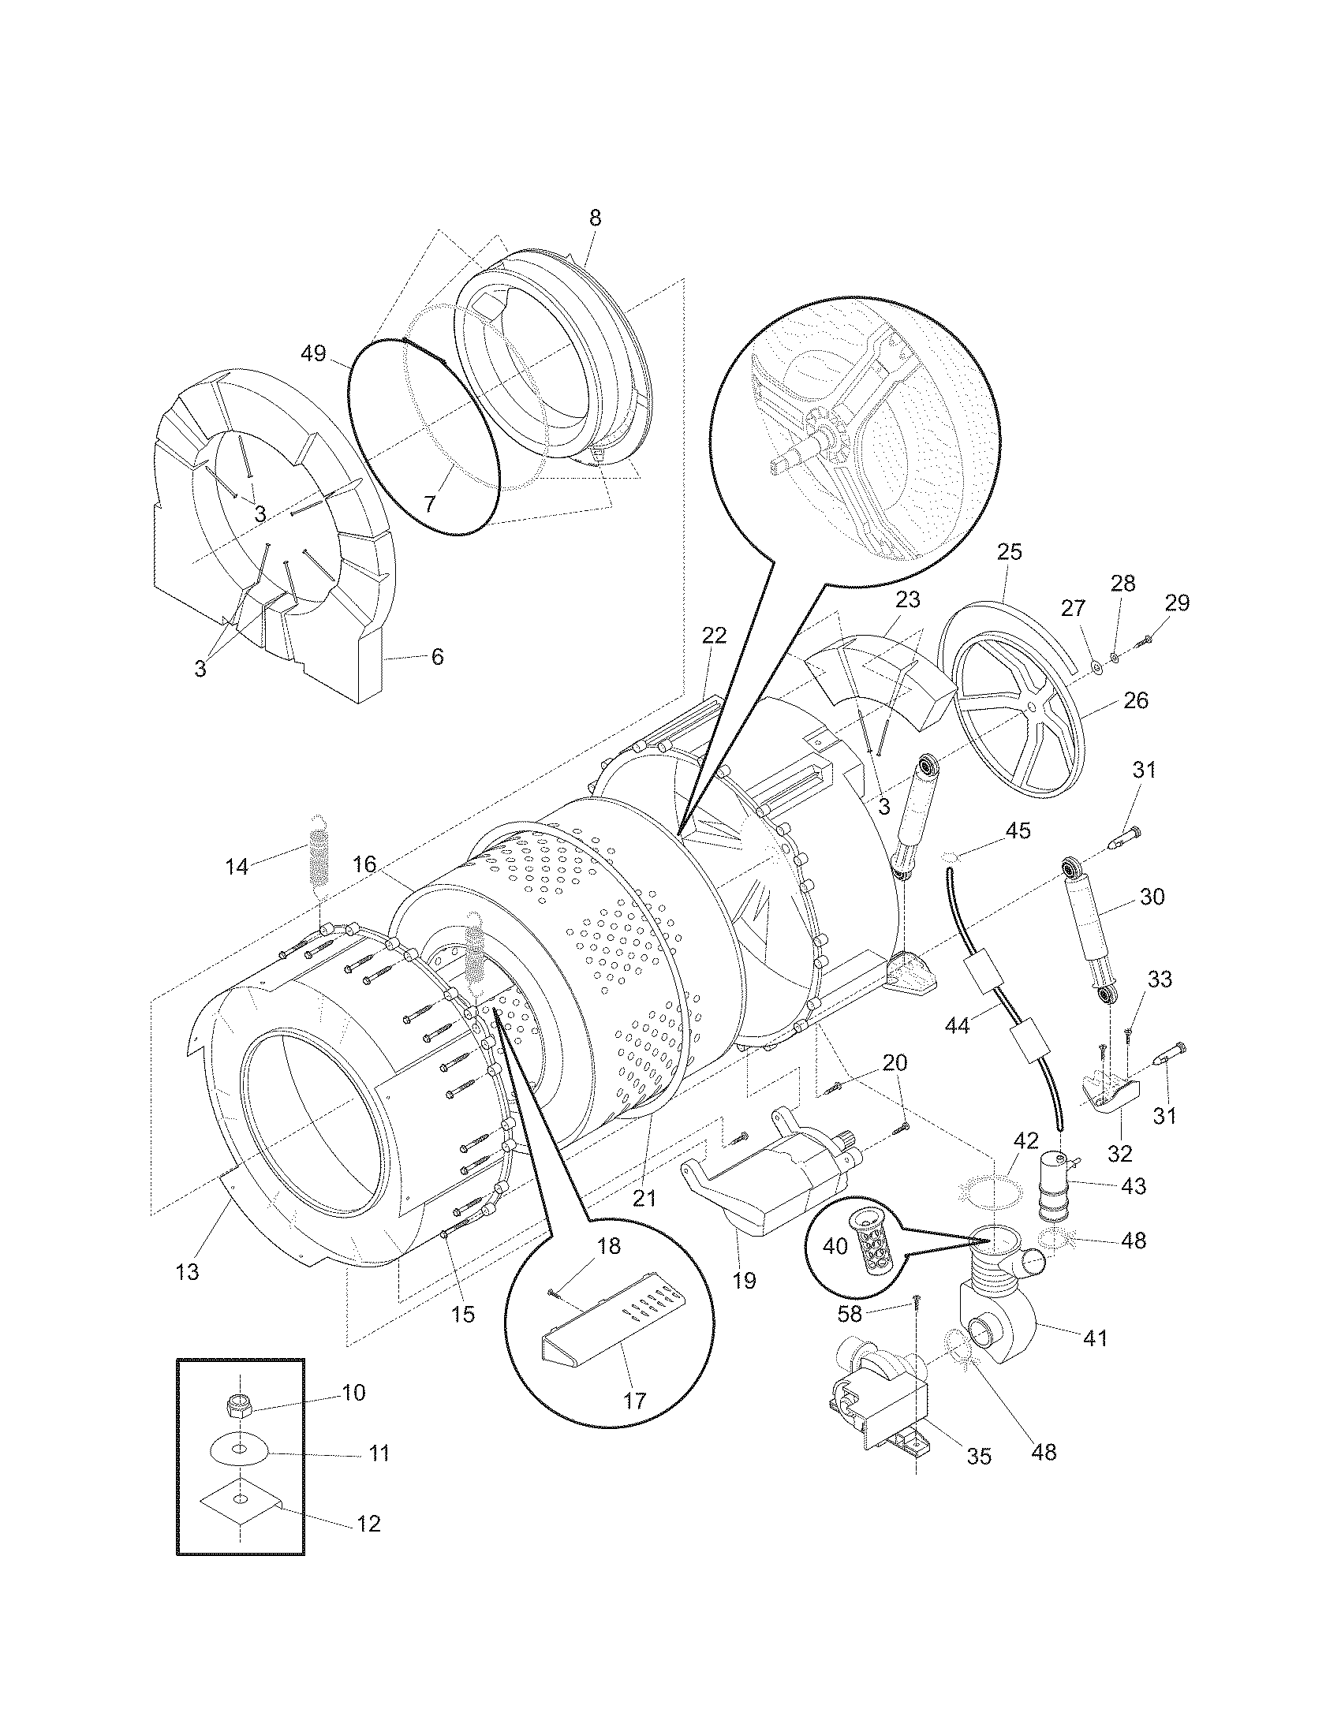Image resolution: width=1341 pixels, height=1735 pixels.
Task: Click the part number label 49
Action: (x=314, y=353)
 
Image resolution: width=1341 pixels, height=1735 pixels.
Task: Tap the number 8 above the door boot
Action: (x=595, y=218)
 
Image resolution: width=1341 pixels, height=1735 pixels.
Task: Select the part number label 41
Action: (x=1096, y=1338)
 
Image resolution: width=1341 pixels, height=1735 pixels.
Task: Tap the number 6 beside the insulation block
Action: (x=437, y=656)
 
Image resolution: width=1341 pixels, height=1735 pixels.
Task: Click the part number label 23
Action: (x=907, y=600)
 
